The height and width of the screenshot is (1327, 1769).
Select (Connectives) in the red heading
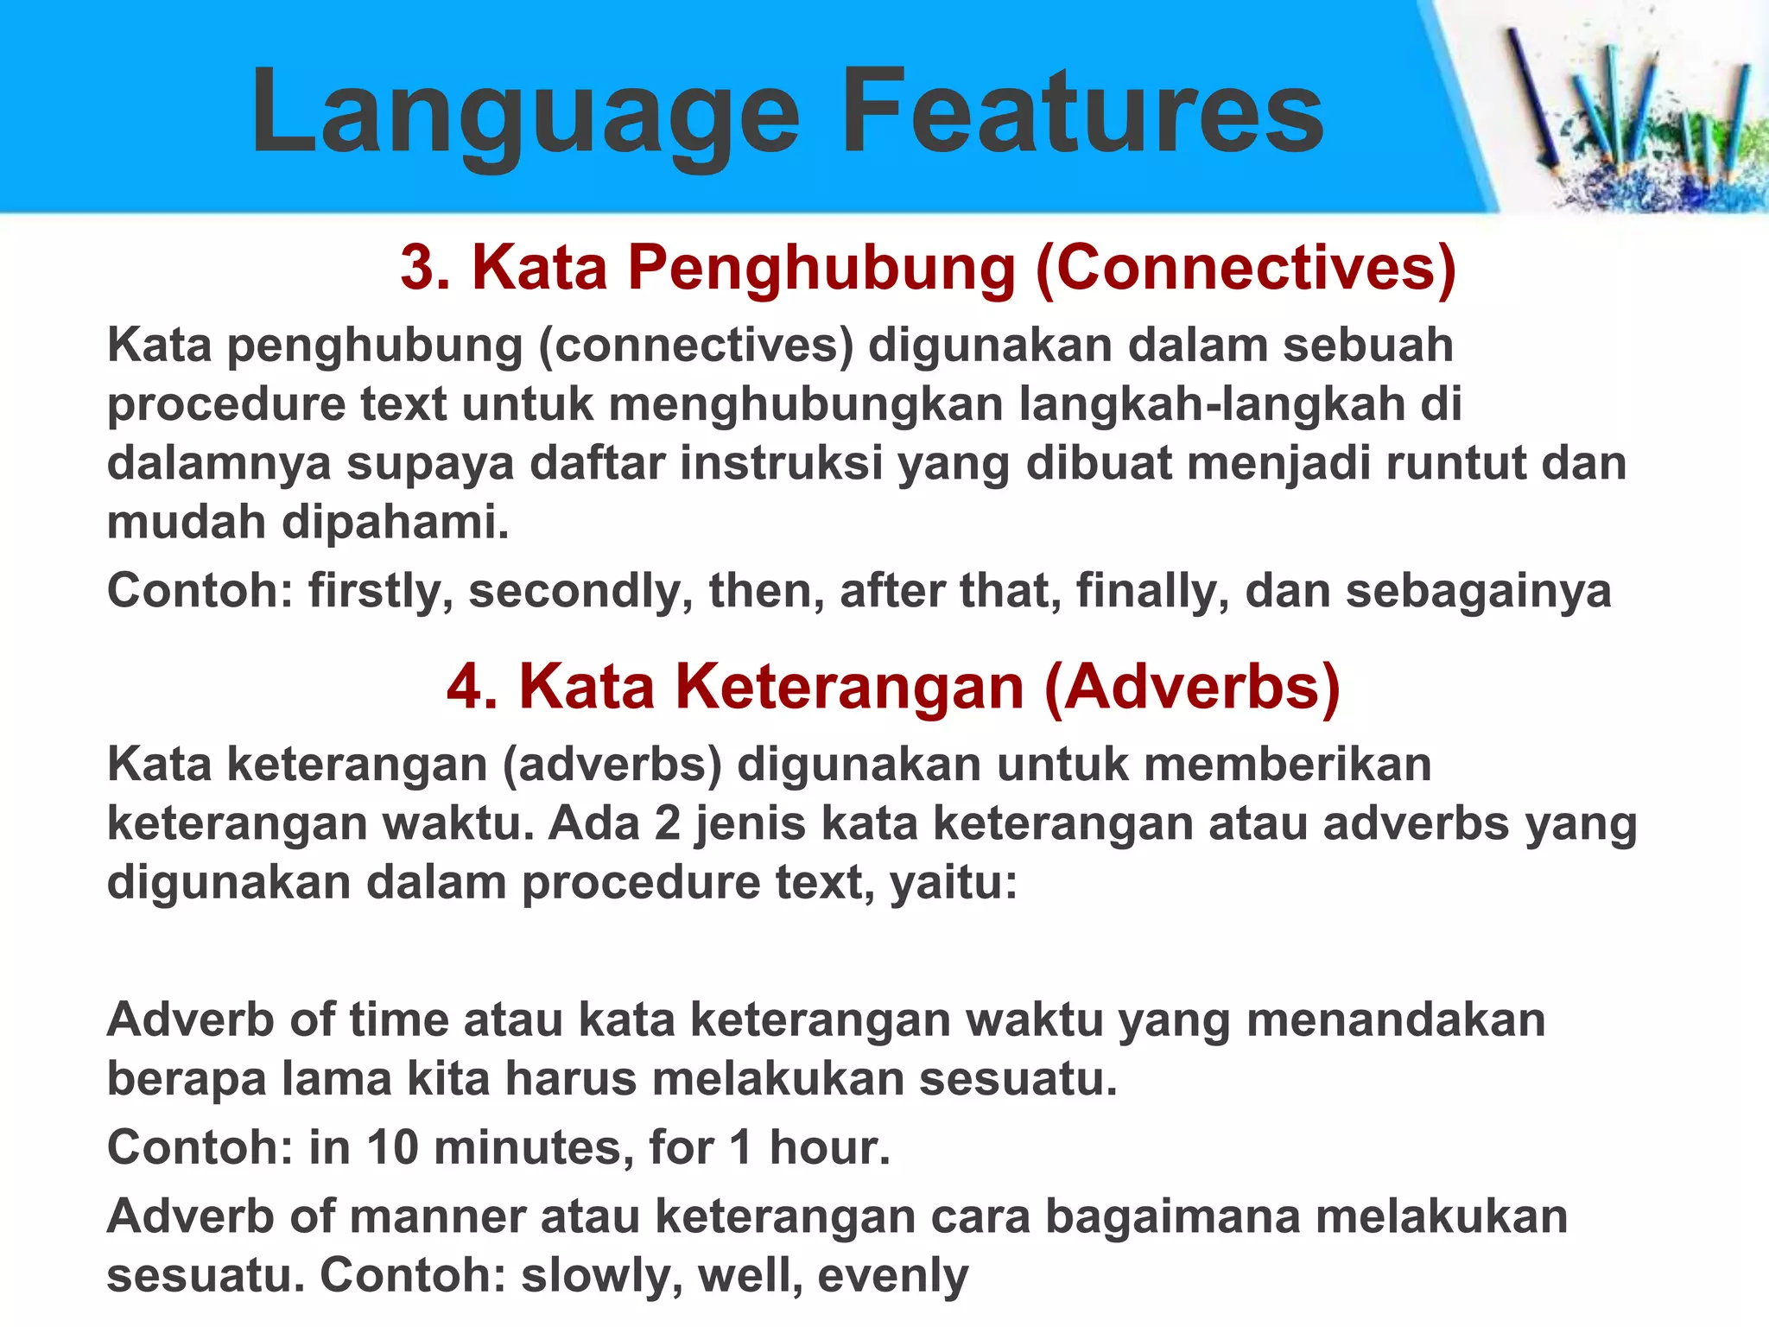pos(1245,268)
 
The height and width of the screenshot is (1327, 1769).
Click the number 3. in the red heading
pos(426,268)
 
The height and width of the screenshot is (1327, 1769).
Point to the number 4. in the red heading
pos(472,688)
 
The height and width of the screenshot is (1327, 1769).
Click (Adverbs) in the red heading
pos(1192,688)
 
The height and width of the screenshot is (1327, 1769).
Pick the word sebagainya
pos(1478,593)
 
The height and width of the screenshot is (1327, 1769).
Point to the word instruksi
pos(781,464)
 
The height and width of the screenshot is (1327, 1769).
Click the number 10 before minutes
pos(392,1148)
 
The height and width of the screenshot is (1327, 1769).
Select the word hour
pos(829,1148)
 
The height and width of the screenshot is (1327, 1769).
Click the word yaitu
pos(954,883)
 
